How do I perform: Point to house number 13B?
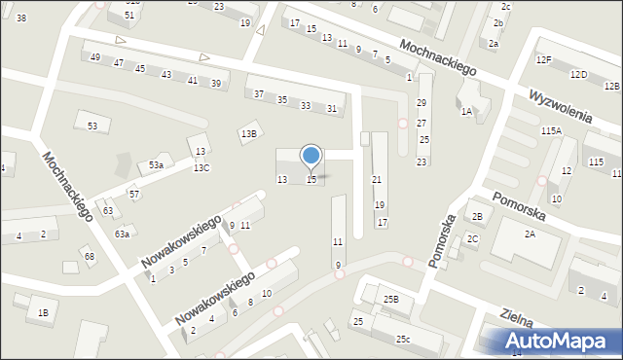[249, 134]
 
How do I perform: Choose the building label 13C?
[201, 168]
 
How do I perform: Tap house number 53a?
[156, 166]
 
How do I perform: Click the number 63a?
[122, 234]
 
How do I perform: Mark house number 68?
[89, 257]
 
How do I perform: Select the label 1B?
[43, 312]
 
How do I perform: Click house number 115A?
[552, 130]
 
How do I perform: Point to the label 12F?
[543, 60]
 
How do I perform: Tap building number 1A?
[466, 112]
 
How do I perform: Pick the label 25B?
[390, 300]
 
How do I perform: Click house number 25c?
[402, 339]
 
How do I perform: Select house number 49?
[94, 58]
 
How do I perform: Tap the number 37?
[258, 94]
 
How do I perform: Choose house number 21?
[377, 180]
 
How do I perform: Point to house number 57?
[134, 195]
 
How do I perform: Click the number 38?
[21, 18]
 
